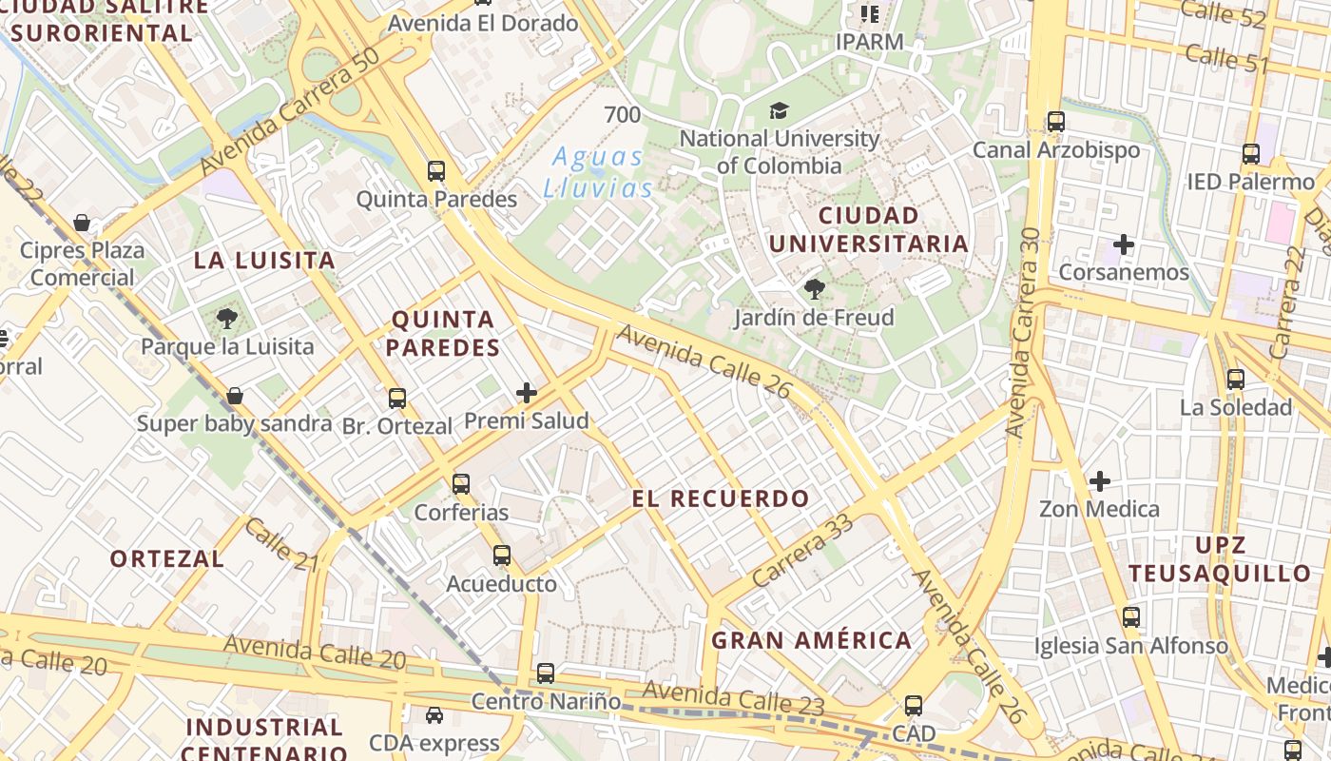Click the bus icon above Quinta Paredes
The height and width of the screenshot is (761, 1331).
click(x=436, y=171)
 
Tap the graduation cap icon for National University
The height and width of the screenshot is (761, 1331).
click(x=780, y=111)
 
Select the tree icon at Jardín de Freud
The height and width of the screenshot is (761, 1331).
click(x=814, y=289)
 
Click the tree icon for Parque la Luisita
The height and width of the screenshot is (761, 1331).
click(x=227, y=319)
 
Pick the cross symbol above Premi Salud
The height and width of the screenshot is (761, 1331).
click(x=527, y=392)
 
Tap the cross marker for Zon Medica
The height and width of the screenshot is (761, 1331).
click(x=1100, y=481)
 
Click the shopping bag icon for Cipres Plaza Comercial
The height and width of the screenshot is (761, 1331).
click(x=83, y=224)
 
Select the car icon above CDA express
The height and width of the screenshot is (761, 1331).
click(x=434, y=715)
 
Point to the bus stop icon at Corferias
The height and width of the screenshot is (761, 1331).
click(x=461, y=484)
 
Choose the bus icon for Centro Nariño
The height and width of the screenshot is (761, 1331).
click(x=546, y=673)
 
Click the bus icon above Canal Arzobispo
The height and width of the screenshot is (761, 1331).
click(x=1056, y=122)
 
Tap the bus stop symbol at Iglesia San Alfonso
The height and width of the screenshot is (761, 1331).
click(x=1131, y=617)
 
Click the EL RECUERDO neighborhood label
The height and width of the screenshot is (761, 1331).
click(x=721, y=498)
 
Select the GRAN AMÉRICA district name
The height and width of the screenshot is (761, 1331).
click(x=812, y=640)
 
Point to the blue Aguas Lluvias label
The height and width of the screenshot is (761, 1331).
click(x=598, y=172)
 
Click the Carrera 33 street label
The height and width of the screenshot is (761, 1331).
click(x=802, y=553)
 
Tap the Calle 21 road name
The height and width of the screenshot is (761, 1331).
click(x=281, y=545)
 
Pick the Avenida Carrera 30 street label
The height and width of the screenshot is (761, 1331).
click(x=1024, y=333)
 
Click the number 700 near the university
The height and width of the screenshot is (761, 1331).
click(x=623, y=115)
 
